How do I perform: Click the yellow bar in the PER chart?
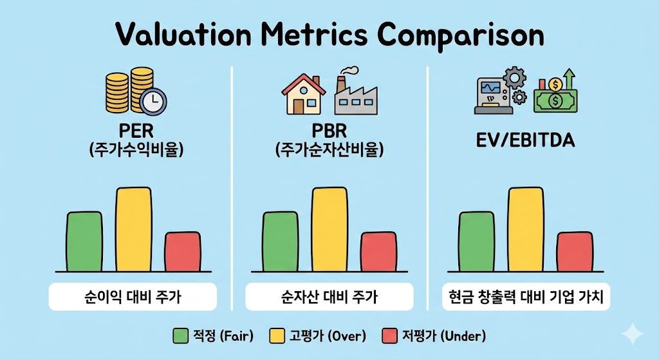(134, 229)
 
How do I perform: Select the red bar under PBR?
(378, 252)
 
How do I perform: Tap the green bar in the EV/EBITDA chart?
(476, 242)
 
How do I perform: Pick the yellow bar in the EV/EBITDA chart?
(526, 229)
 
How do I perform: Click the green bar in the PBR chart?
(281, 242)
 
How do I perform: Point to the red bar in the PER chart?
(182, 252)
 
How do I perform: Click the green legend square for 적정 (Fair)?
(180, 336)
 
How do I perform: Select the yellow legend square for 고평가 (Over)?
(277, 336)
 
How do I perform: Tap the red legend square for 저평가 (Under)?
(390, 336)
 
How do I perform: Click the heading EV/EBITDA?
(525, 140)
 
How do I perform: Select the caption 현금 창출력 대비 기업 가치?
(526, 298)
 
